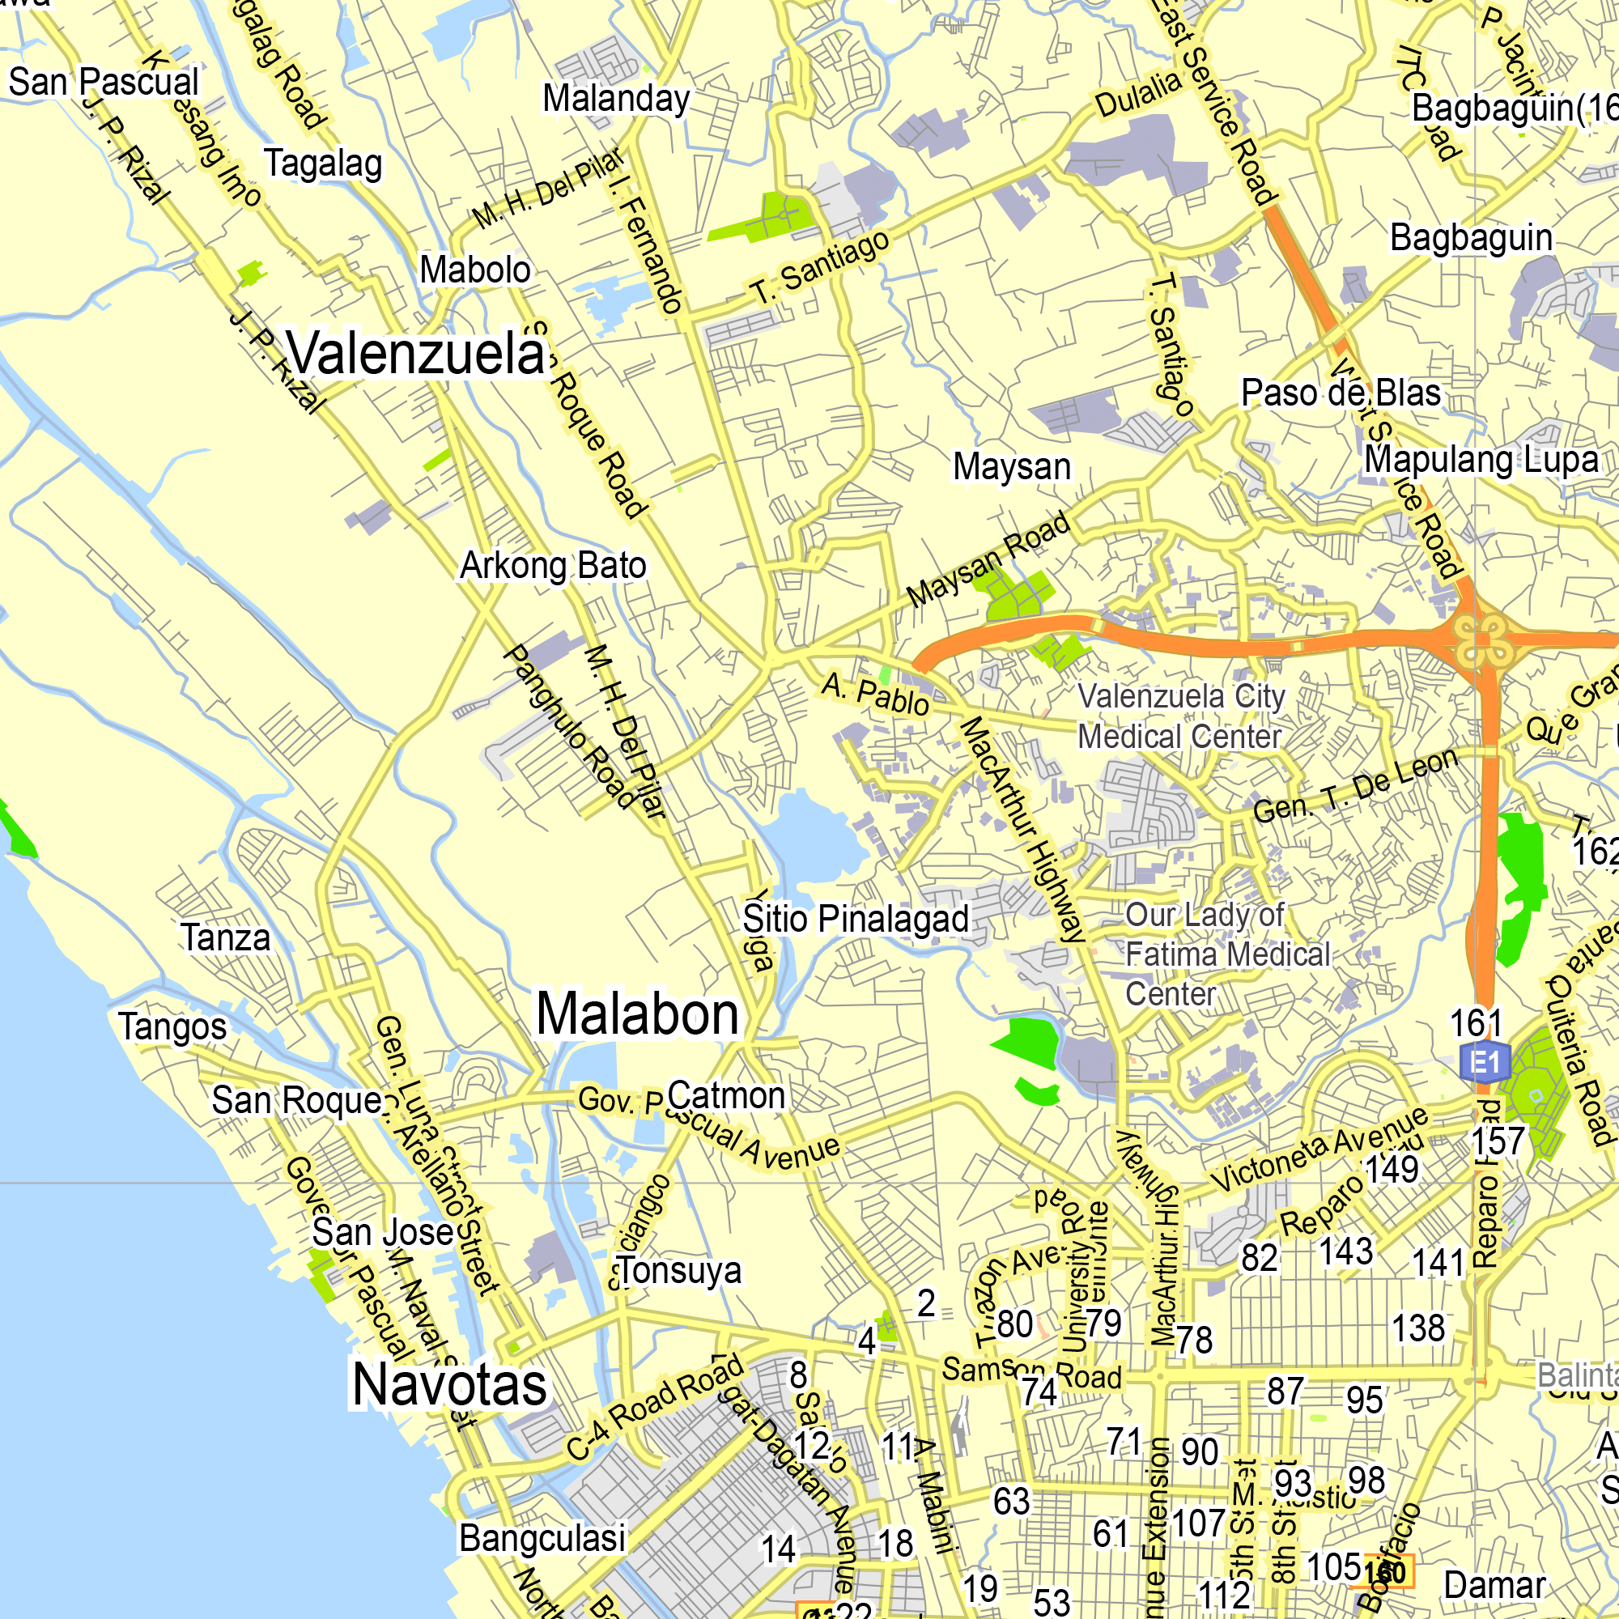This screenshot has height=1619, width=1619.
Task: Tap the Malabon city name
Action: click(x=637, y=1015)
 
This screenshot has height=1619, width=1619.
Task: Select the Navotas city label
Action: click(x=449, y=1385)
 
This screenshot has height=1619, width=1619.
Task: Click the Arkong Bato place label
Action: click(x=553, y=567)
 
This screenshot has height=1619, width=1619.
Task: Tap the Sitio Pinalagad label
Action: click(x=856, y=920)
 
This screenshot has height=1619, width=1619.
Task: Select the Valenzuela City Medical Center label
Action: click(x=1181, y=716)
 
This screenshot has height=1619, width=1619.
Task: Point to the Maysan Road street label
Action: click(x=989, y=559)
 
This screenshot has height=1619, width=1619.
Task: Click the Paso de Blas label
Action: click(x=1341, y=393)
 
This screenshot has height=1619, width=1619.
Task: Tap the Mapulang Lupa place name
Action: click(x=1481, y=460)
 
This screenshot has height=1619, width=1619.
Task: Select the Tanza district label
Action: click(x=227, y=938)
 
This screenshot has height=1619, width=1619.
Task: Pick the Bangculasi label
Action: click(x=542, y=1539)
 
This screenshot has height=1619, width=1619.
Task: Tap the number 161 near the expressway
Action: click(x=1477, y=1024)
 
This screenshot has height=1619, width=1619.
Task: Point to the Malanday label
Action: click(x=616, y=99)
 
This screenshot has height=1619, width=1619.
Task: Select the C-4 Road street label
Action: click(x=654, y=1408)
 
